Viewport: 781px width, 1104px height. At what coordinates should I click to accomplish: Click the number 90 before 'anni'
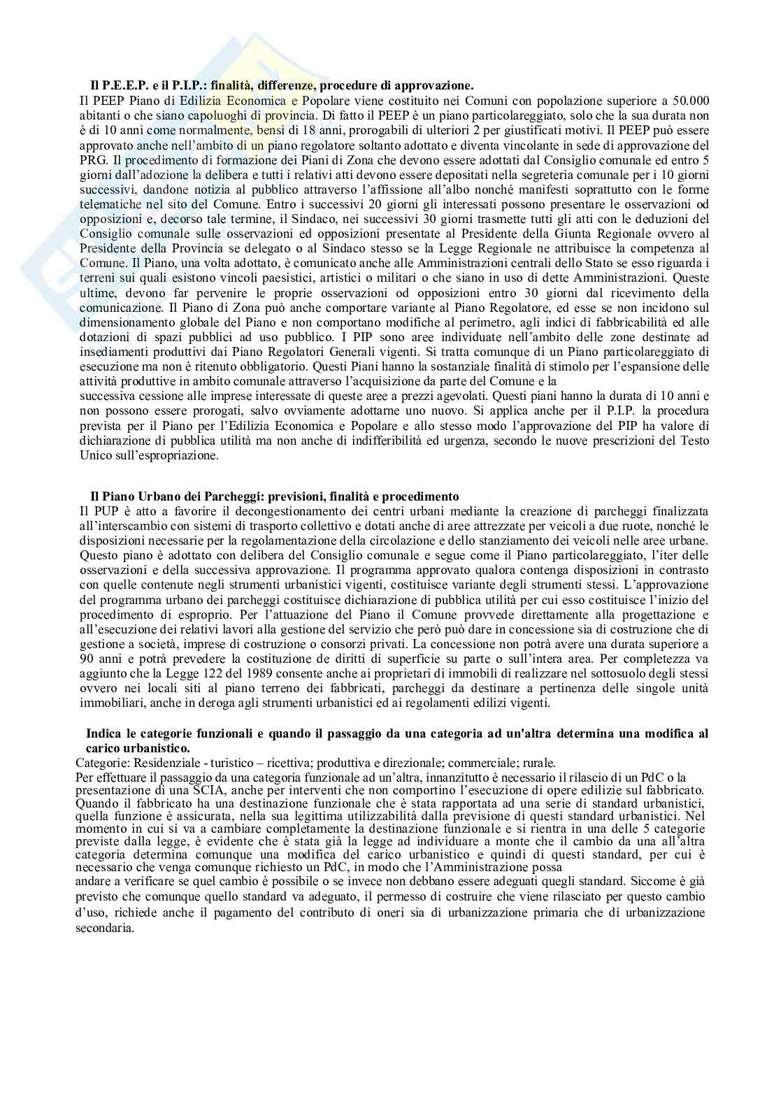point(87,659)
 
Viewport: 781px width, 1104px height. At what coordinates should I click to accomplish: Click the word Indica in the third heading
point(101,733)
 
